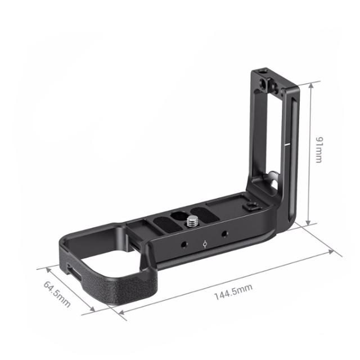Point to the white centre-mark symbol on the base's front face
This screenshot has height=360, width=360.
tap(204, 244)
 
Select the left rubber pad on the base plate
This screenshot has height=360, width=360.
tap(167, 222)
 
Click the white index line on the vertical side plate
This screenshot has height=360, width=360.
tap(289, 143)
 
